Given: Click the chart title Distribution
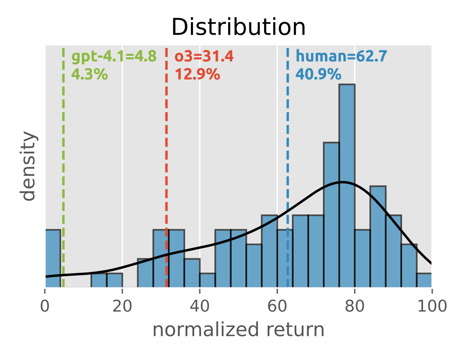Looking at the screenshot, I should pyautogui.click(x=238, y=27).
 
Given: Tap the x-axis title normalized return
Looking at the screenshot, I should pyautogui.click(x=238, y=330).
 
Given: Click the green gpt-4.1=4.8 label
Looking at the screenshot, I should pyautogui.click(x=114, y=57).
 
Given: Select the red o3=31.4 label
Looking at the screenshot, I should pyautogui.click(x=204, y=57).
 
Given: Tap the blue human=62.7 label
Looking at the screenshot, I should pyautogui.click(x=341, y=57).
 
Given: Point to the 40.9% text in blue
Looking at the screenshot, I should pyautogui.click(x=318, y=74).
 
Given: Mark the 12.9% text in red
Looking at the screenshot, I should pyautogui.click(x=197, y=74).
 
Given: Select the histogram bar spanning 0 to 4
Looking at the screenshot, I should pyautogui.click(x=52, y=258).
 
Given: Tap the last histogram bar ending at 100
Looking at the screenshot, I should pyautogui.click(x=424, y=280).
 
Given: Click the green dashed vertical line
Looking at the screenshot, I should pyautogui.click(x=63, y=161).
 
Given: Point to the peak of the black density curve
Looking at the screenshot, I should pyautogui.click(x=342, y=182).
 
